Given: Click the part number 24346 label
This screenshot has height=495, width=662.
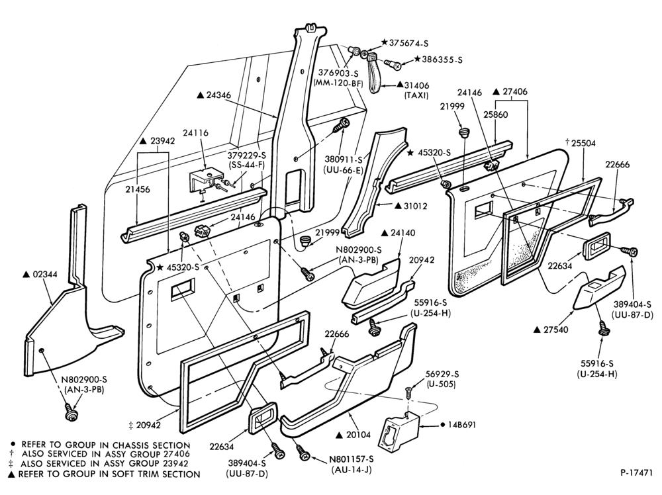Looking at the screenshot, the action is point(218,95).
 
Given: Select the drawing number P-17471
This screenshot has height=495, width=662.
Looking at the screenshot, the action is point(637,472).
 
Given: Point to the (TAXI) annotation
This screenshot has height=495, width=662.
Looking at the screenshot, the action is point(416,95).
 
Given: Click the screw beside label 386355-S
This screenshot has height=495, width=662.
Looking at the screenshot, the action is point(393,64).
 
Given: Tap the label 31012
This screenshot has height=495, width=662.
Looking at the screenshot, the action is point(416,206).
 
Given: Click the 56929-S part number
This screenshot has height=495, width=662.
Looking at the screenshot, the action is point(442,375).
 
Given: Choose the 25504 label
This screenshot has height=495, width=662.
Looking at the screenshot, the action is point(583,144).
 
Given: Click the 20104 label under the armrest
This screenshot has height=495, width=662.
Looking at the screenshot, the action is point(359,435).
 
